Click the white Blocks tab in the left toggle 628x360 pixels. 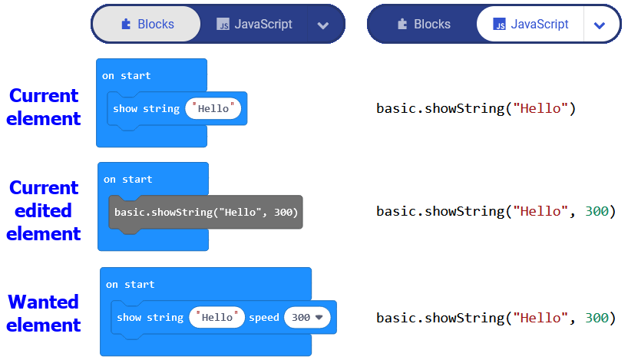(x=147, y=25)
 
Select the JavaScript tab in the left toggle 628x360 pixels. (x=254, y=25)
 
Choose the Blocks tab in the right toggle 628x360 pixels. (x=423, y=25)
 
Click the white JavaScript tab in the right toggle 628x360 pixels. (x=530, y=25)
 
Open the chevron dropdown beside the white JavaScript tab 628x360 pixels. (x=600, y=25)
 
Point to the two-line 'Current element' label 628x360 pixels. (x=44, y=107)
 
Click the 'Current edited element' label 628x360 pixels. (x=44, y=210)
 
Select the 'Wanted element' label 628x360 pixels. (x=44, y=313)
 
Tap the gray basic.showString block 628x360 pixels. (x=206, y=212)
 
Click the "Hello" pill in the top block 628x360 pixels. (x=213, y=109)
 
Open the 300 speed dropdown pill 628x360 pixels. (x=306, y=317)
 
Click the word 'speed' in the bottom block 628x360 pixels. (x=263, y=317)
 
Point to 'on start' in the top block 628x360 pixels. (x=127, y=76)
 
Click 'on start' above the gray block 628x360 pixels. (x=128, y=179)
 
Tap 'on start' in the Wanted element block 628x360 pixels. (x=131, y=284)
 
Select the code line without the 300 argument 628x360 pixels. (x=475, y=109)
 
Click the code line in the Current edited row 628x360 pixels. (x=496, y=212)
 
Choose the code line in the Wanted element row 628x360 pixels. (x=496, y=318)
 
